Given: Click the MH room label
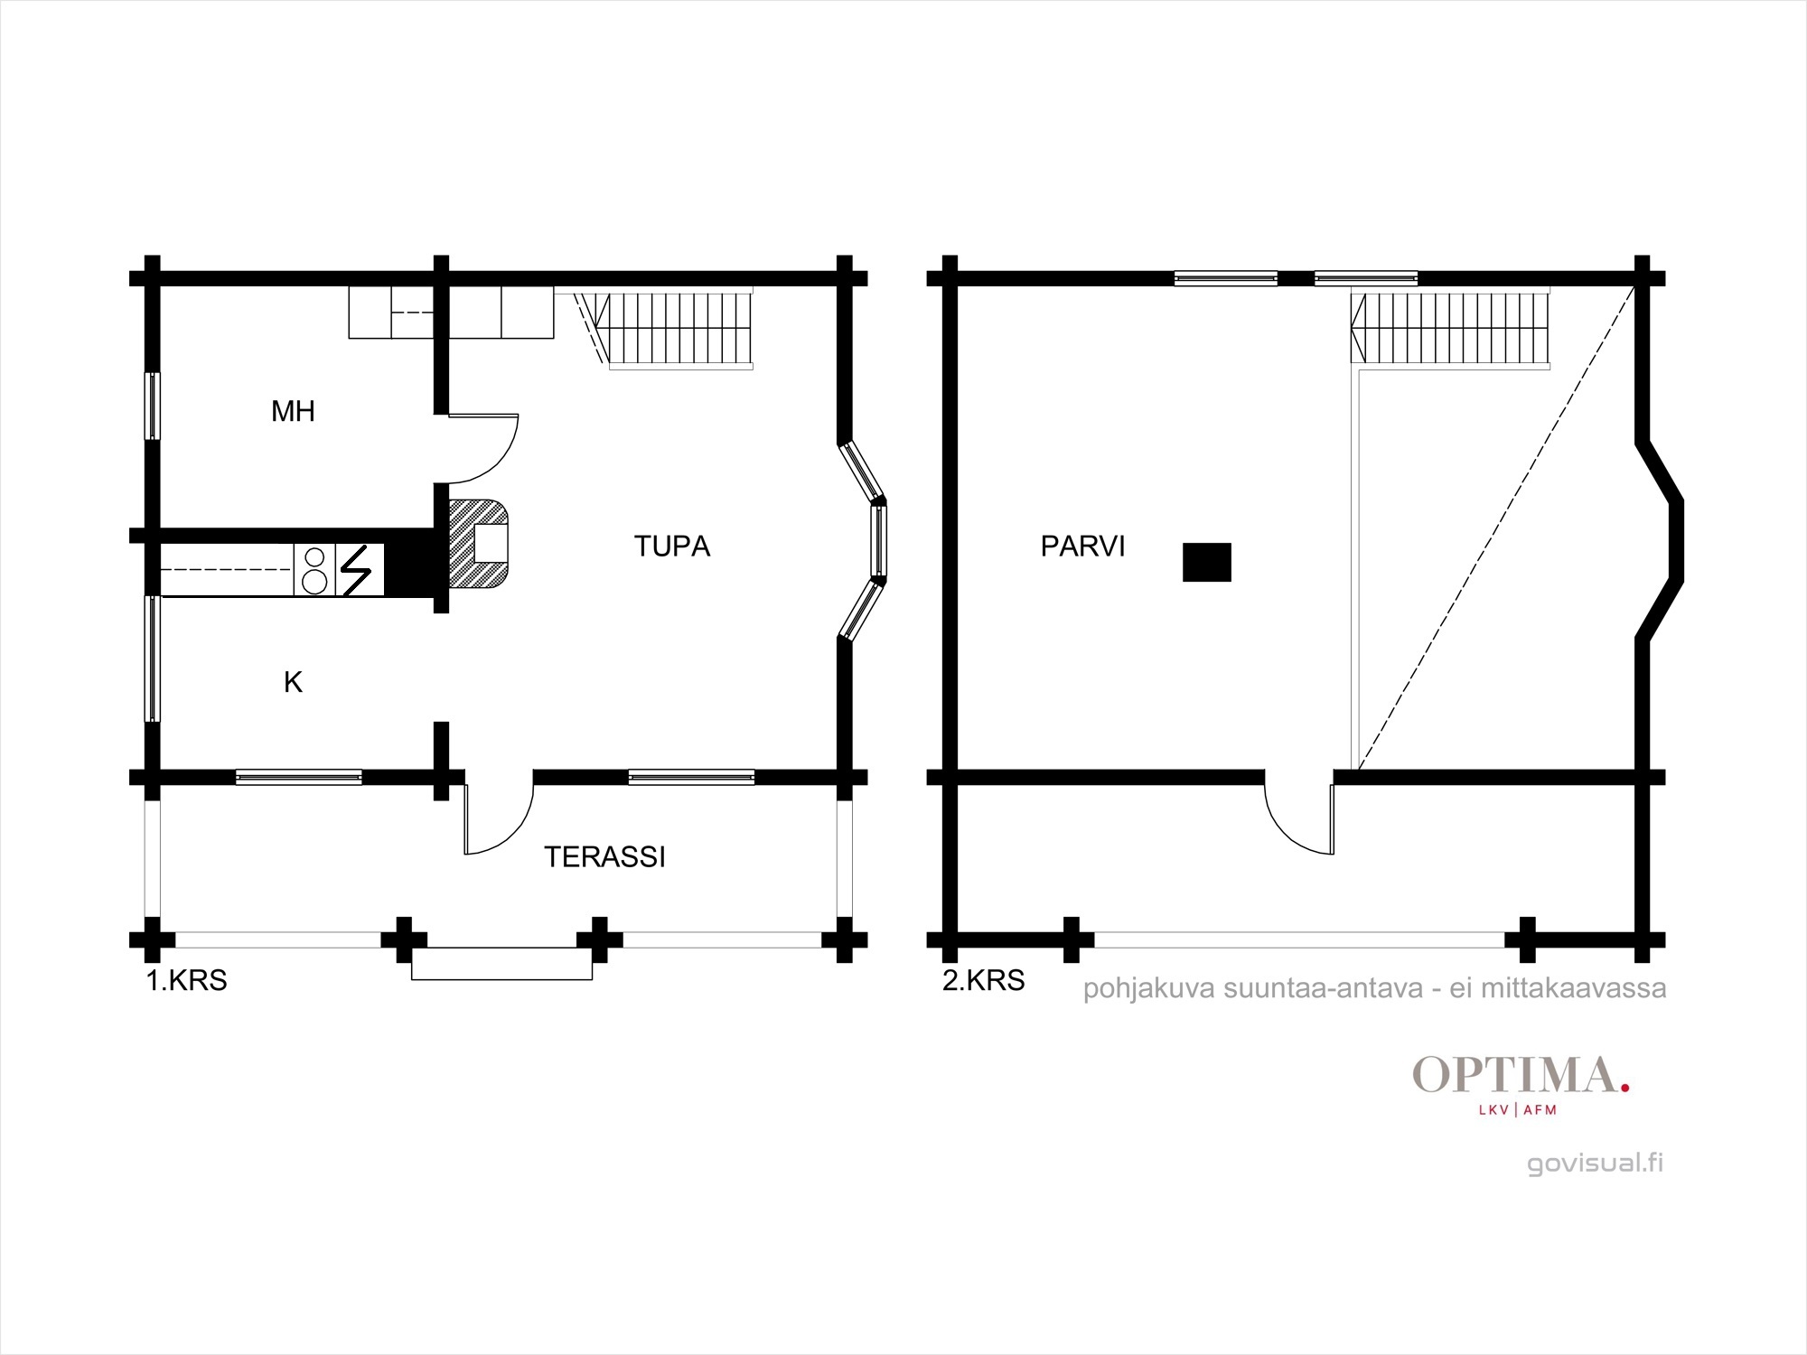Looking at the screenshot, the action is (293, 412).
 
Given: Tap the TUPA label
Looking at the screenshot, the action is (672, 547).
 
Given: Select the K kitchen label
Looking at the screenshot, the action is (293, 683).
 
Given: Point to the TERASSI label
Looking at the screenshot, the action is (604, 857).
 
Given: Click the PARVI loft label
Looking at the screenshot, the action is (1082, 547).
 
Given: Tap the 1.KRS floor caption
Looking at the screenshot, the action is (187, 980).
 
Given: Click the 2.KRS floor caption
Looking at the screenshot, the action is (984, 980).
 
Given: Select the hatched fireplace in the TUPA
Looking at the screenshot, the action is (479, 544).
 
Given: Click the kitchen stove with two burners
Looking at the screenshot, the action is (314, 569).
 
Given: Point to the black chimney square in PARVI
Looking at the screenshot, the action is (1207, 562).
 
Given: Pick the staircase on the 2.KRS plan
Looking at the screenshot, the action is (1451, 329).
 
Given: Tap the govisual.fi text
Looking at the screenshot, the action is (1595, 1163).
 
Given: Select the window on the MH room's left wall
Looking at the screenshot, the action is (153, 406).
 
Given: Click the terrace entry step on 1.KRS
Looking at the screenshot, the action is (501, 964).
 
